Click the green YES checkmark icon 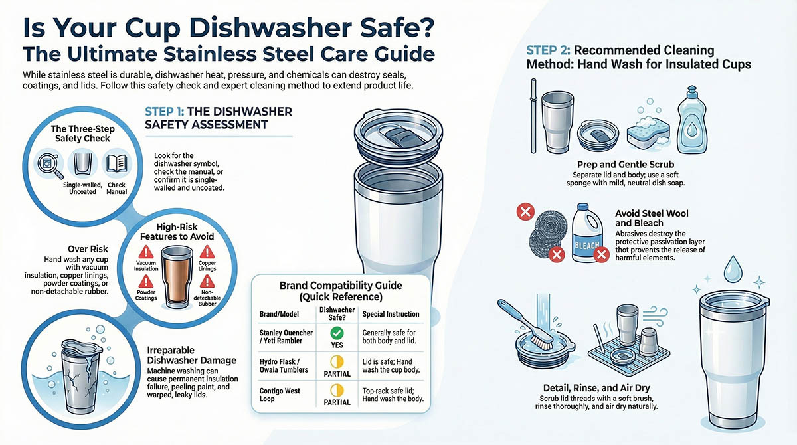click(337, 331)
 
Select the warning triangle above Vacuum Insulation click(145, 252)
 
